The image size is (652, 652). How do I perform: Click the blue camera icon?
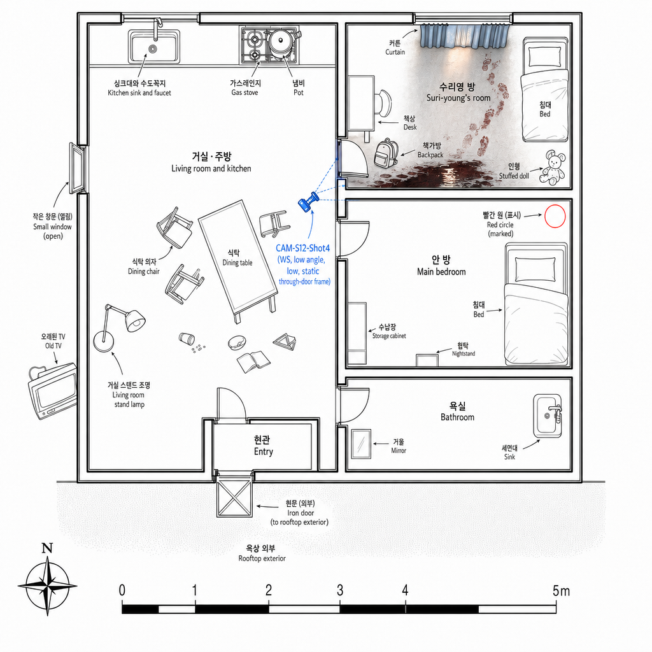[308, 202]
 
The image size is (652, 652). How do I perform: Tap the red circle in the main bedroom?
[555, 216]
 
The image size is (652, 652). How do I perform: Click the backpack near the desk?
[386, 153]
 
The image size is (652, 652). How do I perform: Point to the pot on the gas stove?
[281, 42]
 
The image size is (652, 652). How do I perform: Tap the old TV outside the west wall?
[52, 390]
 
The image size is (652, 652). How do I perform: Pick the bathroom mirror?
[361, 444]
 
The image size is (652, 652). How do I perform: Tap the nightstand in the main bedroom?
[427, 360]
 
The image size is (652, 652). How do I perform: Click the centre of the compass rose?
[47, 586]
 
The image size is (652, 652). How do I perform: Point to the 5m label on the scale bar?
[561, 590]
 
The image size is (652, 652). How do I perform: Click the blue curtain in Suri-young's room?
[465, 36]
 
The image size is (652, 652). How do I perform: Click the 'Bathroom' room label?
[457, 417]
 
